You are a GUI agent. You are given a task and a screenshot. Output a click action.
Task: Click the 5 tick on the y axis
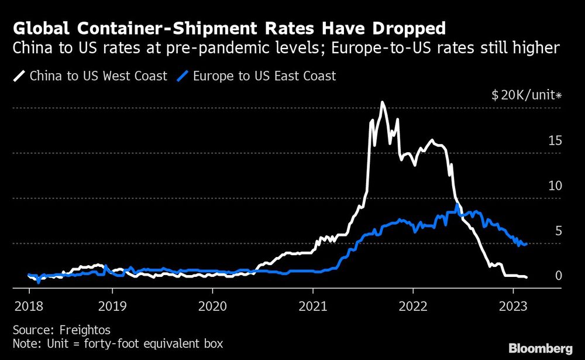tap(558, 231)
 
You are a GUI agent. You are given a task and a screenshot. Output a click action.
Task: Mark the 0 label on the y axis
tap(558, 275)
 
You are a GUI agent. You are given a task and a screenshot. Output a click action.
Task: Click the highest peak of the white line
tap(382, 102)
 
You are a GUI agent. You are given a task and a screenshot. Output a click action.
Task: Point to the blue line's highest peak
tap(457, 204)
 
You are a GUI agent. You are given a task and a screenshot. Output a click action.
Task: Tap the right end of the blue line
tap(527, 244)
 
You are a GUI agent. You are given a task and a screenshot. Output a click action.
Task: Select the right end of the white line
tap(527, 277)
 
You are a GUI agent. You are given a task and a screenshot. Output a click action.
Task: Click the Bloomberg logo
tap(541, 348)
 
